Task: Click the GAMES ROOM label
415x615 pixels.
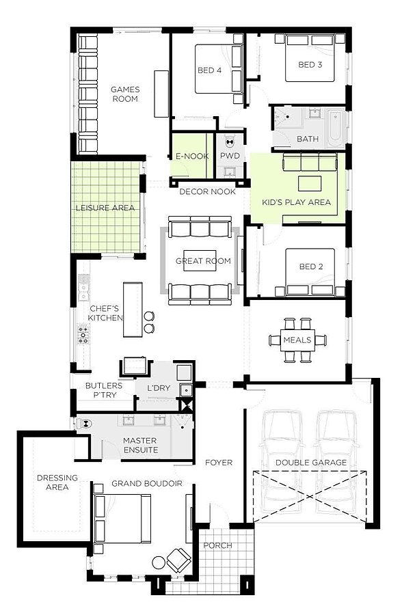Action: tap(125, 94)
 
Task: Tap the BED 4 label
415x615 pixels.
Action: tap(209, 70)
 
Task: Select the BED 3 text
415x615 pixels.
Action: tap(310, 65)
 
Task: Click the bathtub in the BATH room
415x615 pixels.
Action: tap(336, 128)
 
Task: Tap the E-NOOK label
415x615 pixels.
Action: tap(192, 156)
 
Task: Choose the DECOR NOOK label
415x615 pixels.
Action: tap(208, 192)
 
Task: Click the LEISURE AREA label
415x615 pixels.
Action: tap(105, 208)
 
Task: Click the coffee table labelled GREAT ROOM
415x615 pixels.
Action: tap(200, 261)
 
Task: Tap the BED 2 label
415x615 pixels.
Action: tap(310, 266)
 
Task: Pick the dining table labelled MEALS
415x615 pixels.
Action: tap(297, 340)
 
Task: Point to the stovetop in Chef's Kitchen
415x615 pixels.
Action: tap(83, 333)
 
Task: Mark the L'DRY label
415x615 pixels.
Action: tap(159, 388)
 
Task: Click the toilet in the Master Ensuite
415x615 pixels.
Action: tap(84, 424)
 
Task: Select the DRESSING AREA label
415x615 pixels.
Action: tap(57, 482)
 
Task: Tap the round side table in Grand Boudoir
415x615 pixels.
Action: tap(159, 562)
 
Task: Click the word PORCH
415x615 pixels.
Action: tap(217, 545)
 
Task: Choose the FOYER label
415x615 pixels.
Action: tap(219, 463)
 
